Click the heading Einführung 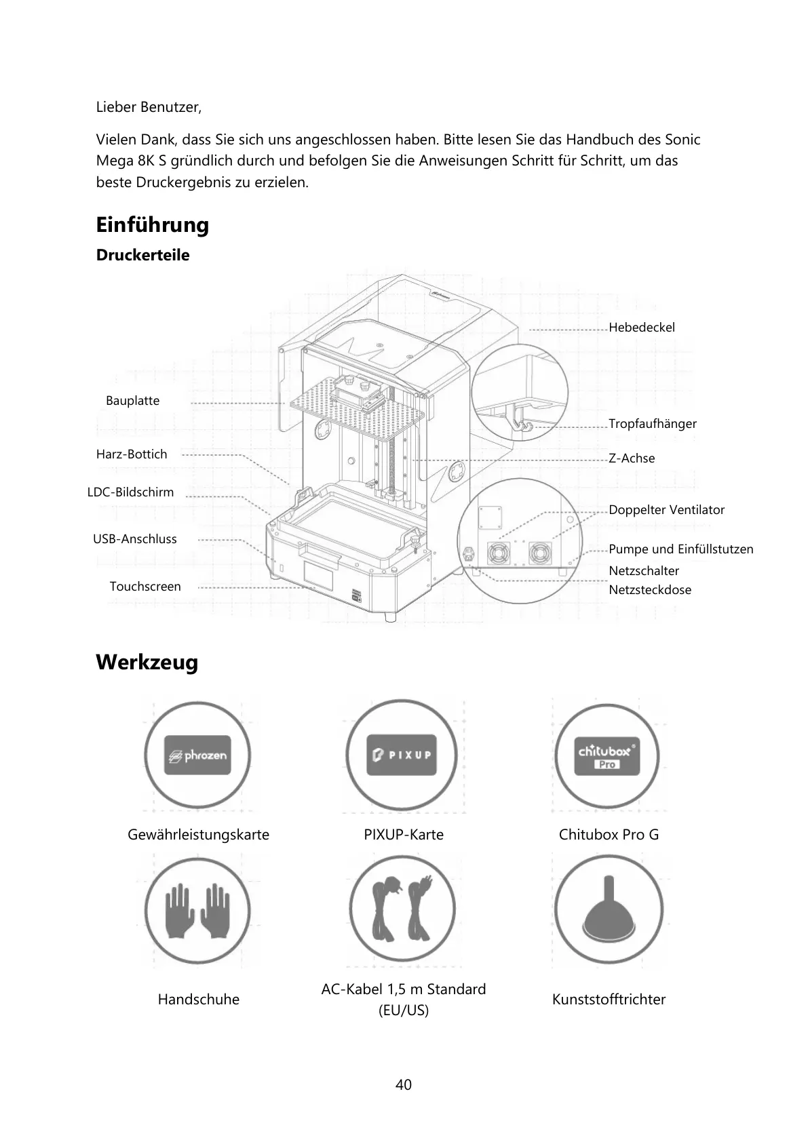pos(152,224)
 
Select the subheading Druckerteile pos(142,255)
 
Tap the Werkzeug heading pos(147,662)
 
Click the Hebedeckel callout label pos(641,328)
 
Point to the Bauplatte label pos(132,401)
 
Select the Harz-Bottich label pos(131,454)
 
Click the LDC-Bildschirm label pos(130,492)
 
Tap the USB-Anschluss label pos(134,539)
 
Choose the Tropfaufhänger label pos(652,424)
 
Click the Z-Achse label pos(631,458)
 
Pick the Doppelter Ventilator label pos(666,510)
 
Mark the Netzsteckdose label pos(649,590)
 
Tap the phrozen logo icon pos(197,755)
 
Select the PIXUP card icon pos(400,755)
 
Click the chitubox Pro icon pos(607,755)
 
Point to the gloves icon pos(197,910)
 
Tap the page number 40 pos(403,1085)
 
